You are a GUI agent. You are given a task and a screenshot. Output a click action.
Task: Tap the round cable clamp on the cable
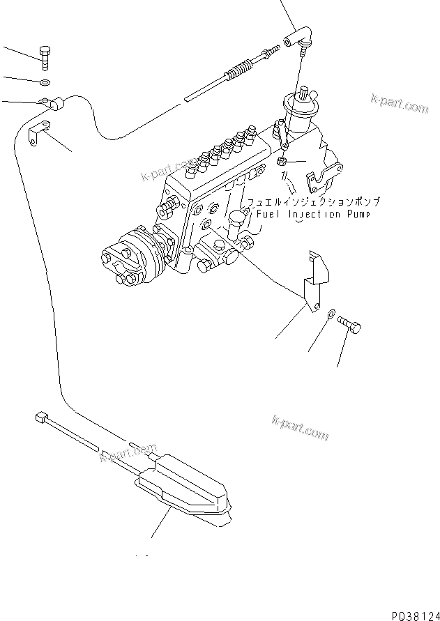click(x=53, y=104)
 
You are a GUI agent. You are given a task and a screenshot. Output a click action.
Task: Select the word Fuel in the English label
click(x=269, y=214)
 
